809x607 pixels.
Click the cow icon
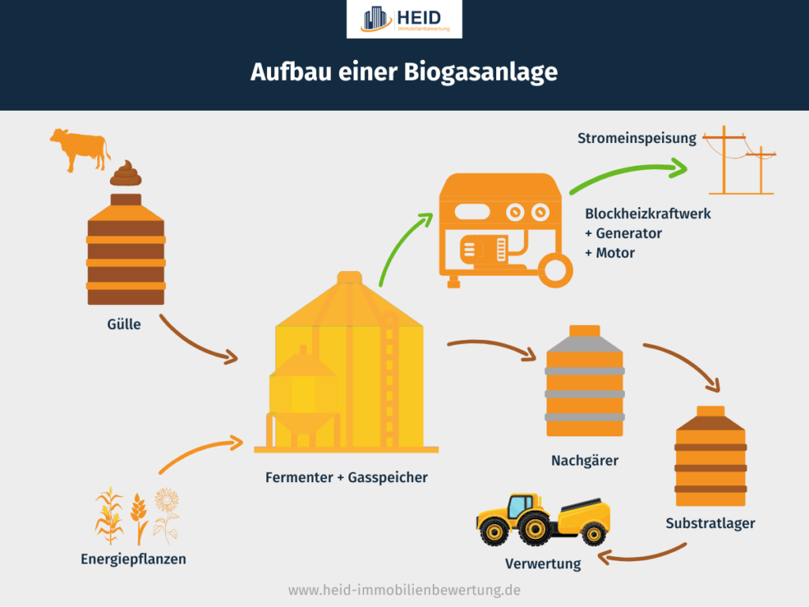click(x=79, y=148)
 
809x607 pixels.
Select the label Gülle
click(x=125, y=323)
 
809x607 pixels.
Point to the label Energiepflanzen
click(x=134, y=559)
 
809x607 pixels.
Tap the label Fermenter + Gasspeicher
click(x=346, y=477)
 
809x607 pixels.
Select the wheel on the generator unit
click(x=558, y=269)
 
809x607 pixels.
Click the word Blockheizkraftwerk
click(x=648, y=213)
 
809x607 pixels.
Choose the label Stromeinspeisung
click(x=637, y=138)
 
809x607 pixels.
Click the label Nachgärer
click(x=585, y=460)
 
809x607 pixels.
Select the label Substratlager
click(x=710, y=523)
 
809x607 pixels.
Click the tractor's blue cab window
click(x=521, y=505)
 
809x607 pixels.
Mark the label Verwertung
click(x=543, y=564)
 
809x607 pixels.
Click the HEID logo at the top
click(x=404, y=19)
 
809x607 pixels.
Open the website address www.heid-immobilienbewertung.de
click(x=404, y=590)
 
